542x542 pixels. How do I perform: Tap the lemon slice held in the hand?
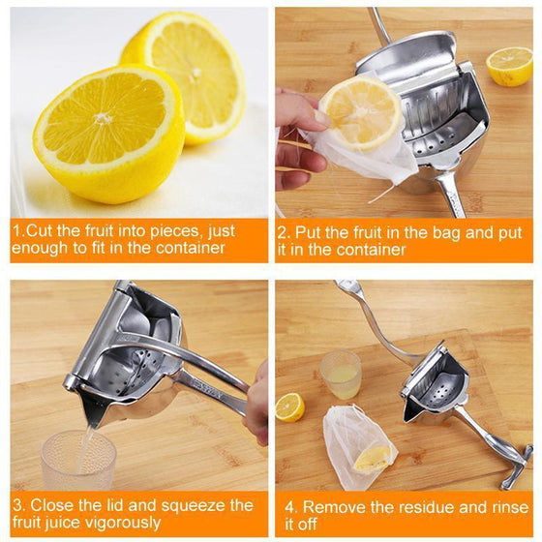click(361, 112)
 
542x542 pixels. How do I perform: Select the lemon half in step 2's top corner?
click(509, 66)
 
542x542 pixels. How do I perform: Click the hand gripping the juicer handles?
click(256, 402)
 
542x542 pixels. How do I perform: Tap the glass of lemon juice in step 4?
click(341, 374)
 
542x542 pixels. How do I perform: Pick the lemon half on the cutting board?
click(289, 406)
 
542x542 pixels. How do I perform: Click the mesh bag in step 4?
click(358, 446)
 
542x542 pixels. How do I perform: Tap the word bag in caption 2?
click(399, 231)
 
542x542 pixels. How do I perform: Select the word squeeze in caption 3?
click(189, 505)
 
